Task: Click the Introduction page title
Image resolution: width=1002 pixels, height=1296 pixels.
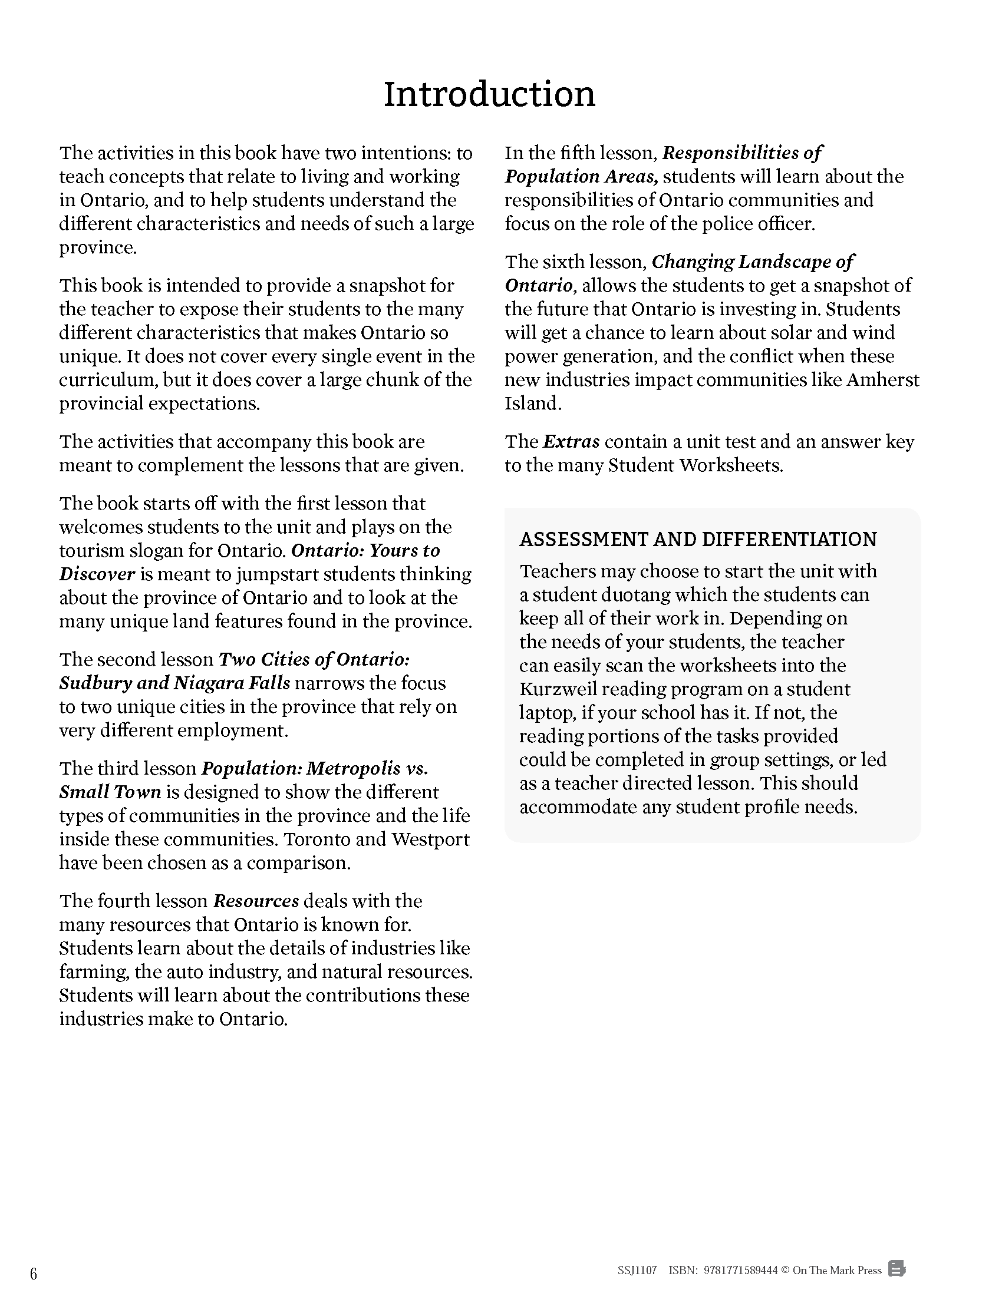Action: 489,94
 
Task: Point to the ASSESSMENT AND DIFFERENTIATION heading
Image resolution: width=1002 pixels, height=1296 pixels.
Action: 698,540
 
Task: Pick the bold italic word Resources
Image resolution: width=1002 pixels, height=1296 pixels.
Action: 256,901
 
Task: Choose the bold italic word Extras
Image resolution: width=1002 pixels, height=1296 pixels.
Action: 571,441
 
